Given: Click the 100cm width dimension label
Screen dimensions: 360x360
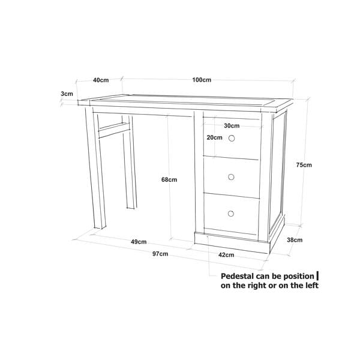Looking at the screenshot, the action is click(x=202, y=80).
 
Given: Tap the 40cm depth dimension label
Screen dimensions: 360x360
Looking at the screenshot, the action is click(x=101, y=80).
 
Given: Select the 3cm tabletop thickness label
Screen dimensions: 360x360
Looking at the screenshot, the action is click(x=67, y=94).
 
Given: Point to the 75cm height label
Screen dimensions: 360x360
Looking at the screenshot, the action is click(x=304, y=165).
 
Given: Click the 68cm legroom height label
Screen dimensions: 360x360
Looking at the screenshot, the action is click(x=169, y=179).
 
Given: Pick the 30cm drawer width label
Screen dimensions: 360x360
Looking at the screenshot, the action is click(x=232, y=125).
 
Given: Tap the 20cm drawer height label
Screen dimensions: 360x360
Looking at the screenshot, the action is click(x=214, y=137).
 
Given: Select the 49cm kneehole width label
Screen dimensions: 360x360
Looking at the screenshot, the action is click(x=139, y=242).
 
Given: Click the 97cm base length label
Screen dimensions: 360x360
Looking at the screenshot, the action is click(x=160, y=254).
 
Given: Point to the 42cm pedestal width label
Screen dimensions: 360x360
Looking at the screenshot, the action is click(x=226, y=255).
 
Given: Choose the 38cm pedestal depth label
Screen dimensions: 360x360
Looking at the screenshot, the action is click(x=295, y=240).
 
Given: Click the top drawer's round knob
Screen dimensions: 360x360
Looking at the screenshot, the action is click(x=232, y=138).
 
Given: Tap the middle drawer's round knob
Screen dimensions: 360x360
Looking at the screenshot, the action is click(x=231, y=177).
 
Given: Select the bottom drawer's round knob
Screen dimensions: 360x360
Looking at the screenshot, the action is click(x=231, y=214).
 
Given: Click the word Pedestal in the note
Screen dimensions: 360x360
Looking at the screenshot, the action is click(x=237, y=276).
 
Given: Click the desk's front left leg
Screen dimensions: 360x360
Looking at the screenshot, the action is click(x=95, y=167).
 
